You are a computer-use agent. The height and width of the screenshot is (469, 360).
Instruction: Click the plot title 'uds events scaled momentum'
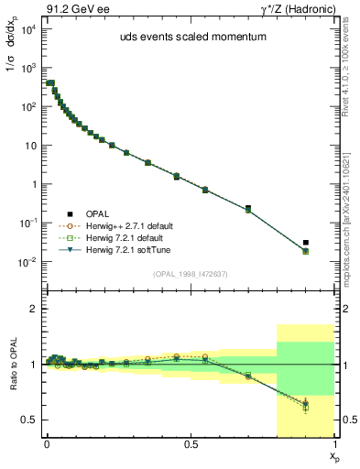[188, 38]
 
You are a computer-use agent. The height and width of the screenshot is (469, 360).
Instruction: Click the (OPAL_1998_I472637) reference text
[188, 273]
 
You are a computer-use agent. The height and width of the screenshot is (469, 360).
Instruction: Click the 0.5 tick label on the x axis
[191, 442]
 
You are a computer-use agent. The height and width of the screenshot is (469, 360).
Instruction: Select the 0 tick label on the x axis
[48, 442]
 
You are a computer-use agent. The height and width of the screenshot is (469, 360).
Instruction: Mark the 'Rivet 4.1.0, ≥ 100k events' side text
[351, 73]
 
